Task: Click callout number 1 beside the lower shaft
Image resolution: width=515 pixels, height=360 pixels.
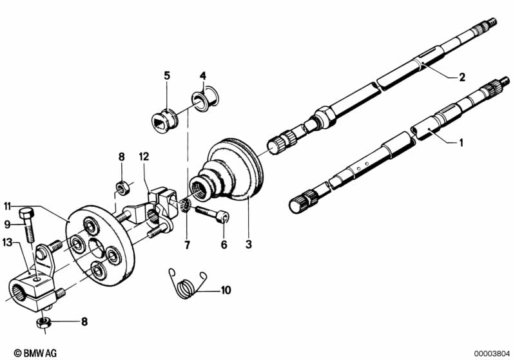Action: click(460, 142)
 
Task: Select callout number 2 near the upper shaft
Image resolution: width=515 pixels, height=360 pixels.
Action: click(462, 77)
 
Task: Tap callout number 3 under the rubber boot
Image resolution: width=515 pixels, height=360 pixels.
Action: click(248, 245)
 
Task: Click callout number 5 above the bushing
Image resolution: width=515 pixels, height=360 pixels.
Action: click(166, 76)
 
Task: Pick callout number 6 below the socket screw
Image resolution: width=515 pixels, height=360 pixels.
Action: click(224, 245)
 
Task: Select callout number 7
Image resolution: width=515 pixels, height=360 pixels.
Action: click(187, 245)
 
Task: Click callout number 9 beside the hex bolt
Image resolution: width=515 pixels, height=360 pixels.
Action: click(8, 225)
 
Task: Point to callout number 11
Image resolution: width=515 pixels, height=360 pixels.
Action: click(8, 207)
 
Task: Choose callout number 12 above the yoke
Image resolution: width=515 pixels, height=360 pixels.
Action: click(144, 156)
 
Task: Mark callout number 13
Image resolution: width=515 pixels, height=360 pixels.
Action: click(8, 242)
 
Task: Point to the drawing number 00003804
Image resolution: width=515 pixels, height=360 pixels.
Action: click(492, 353)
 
